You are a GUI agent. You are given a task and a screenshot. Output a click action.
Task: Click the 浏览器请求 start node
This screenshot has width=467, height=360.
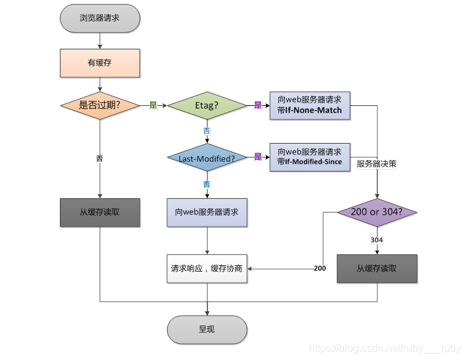pos(100,18)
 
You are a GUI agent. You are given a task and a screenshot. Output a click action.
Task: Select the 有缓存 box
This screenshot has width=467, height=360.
pos(100,63)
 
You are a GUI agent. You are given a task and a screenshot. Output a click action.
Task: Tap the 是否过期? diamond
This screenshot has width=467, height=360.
pos(100,105)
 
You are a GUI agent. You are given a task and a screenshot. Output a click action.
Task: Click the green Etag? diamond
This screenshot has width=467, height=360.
pos(207,105)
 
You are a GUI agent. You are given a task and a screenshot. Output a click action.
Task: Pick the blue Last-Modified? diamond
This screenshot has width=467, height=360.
pos(207,157)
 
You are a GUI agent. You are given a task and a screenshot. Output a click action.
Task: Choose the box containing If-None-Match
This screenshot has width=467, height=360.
pos(310,106)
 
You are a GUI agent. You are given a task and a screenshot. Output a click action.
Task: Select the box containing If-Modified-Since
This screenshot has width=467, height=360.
pos(310,157)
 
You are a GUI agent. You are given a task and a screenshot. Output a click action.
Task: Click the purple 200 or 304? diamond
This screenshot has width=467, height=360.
pos(377,212)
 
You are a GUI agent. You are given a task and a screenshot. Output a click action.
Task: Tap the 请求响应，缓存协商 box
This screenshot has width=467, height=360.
pos(207,268)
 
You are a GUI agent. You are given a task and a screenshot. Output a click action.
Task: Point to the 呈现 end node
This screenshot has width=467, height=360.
pos(207,329)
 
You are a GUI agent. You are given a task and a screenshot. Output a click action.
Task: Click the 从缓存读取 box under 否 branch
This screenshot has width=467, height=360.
pos(100,212)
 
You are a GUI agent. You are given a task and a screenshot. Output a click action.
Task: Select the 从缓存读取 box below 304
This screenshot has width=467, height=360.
pos(377,268)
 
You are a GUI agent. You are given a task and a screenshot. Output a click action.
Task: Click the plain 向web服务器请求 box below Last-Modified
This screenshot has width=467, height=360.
pos(207,212)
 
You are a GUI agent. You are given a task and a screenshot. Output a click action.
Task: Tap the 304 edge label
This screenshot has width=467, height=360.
pos(377,240)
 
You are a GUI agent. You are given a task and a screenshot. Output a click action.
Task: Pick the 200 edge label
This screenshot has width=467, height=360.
pos(320,268)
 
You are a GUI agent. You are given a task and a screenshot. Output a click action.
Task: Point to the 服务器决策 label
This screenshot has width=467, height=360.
pos(377,164)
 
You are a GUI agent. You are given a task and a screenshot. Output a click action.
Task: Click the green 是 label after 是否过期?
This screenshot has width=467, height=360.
pos(153,105)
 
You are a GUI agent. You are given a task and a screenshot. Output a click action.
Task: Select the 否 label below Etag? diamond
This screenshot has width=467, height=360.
pos(207,131)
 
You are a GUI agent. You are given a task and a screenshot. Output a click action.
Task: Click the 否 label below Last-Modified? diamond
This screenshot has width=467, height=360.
pos(207,185)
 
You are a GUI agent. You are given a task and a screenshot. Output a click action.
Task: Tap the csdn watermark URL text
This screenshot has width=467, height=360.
pos(385,348)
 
